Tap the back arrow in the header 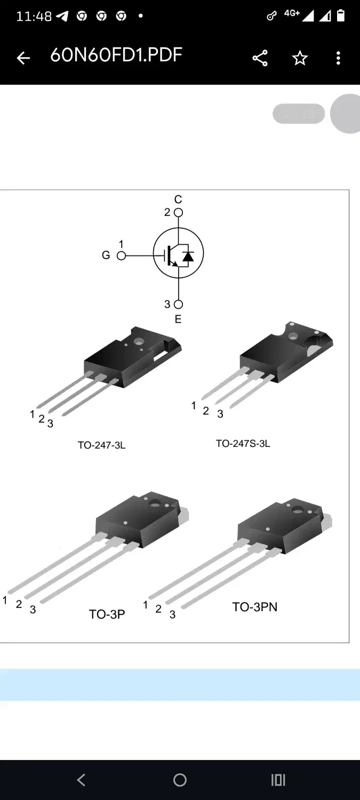pyautogui.click(x=23, y=58)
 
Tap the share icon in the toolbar pyautogui.click(x=260, y=58)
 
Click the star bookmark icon pyautogui.click(x=300, y=58)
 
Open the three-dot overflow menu pyautogui.click(x=338, y=58)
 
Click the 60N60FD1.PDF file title pyautogui.click(x=116, y=55)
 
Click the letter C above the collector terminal pyautogui.click(x=178, y=199)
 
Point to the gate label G pyautogui.click(x=106, y=255)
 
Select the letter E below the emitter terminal pyautogui.click(x=178, y=319)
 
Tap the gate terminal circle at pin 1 pyautogui.click(x=121, y=256)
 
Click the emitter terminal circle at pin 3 pyautogui.click(x=178, y=305)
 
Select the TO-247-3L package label pyautogui.click(x=101, y=445)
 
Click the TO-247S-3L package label pyautogui.click(x=243, y=443)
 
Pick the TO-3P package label pyautogui.click(x=107, y=614)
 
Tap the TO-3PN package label pyautogui.click(x=254, y=607)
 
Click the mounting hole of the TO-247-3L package pyautogui.click(x=140, y=341)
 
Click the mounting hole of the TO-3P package pyautogui.click(x=155, y=502)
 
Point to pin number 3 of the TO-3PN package pyautogui.click(x=172, y=614)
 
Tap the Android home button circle pyautogui.click(x=180, y=780)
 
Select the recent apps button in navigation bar pyautogui.click(x=278, y=780)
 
